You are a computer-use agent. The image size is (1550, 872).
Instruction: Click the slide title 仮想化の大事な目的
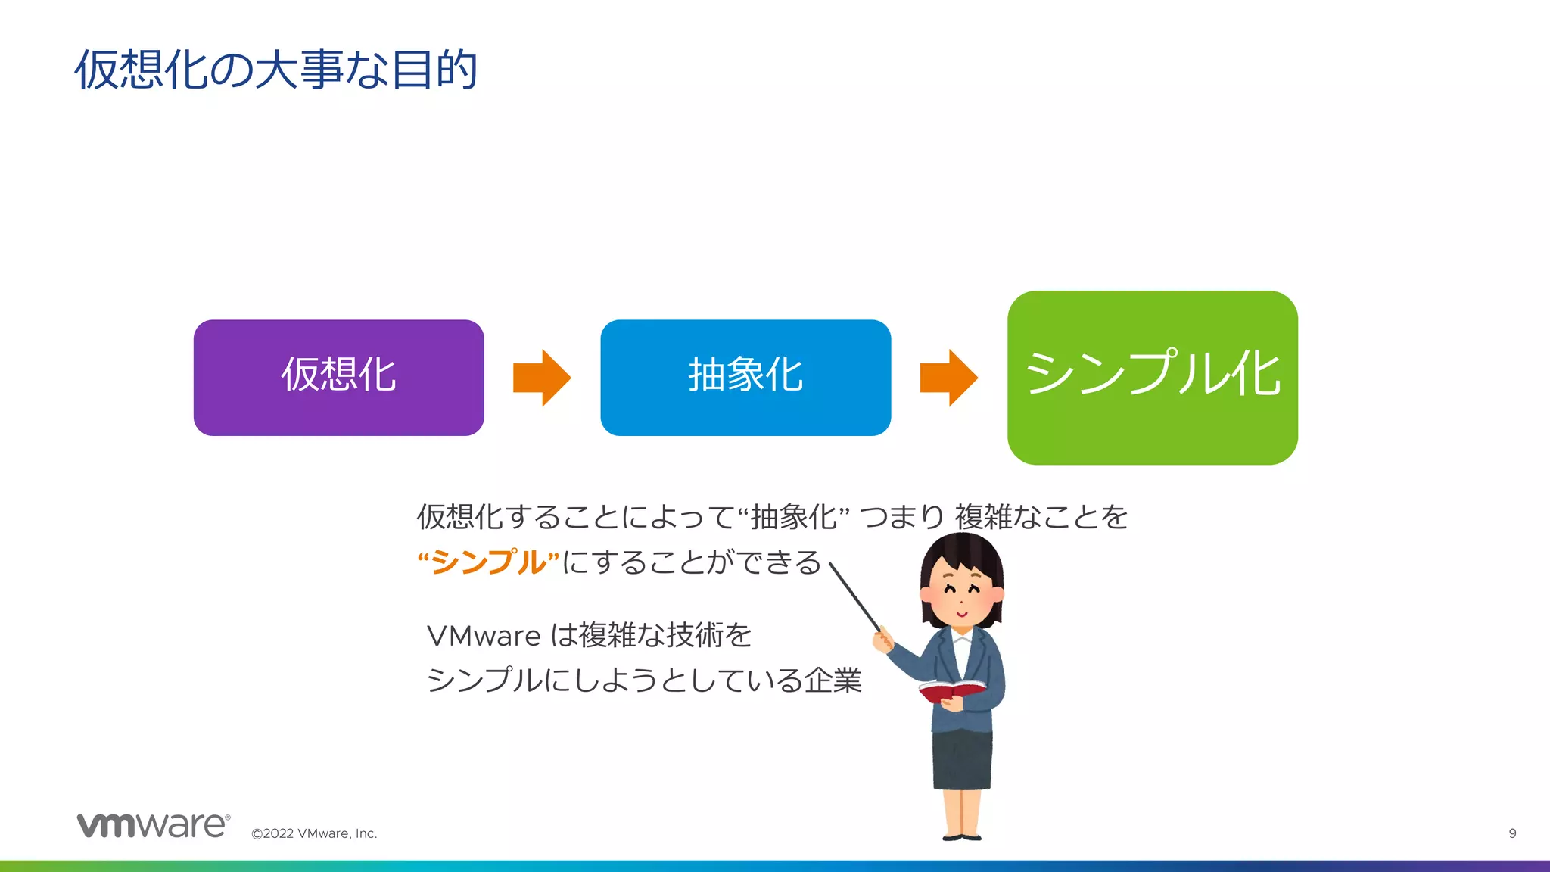276,70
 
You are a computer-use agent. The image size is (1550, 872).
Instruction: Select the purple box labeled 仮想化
338,377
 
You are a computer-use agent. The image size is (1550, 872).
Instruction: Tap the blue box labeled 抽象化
745,377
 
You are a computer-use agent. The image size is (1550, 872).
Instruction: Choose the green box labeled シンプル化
1152,377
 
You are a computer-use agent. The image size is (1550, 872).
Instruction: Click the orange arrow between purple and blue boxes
541,377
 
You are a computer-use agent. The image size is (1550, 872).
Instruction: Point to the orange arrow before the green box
948,377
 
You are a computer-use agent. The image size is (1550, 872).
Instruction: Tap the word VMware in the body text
484,636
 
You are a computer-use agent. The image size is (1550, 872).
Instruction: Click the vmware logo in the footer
153,825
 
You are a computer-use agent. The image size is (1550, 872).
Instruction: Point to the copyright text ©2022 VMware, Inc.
314,833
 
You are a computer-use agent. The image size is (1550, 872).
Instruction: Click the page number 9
1512,833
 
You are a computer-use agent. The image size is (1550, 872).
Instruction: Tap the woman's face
961,594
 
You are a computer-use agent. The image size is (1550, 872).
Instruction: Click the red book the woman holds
951,691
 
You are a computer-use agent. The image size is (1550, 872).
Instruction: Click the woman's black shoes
962,836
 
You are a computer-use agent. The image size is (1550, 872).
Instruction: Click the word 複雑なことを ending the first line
1041,517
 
